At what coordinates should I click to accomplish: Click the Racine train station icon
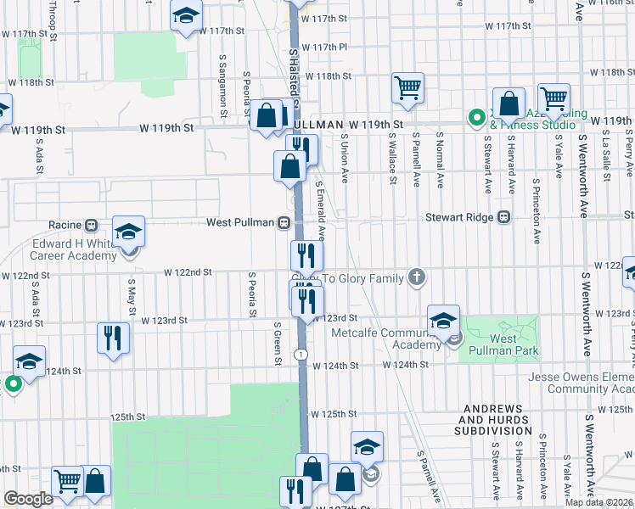91,226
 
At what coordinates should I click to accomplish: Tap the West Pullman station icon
284,223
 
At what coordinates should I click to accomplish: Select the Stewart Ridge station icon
503,217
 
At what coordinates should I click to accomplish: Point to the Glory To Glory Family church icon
416,277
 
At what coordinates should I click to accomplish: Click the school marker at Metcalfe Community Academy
443,322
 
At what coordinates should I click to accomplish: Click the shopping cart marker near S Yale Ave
554,98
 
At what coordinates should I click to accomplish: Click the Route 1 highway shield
301,354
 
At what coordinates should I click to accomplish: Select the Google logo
29,499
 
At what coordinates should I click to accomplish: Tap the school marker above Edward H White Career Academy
129,232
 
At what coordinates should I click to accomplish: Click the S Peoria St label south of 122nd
252,295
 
